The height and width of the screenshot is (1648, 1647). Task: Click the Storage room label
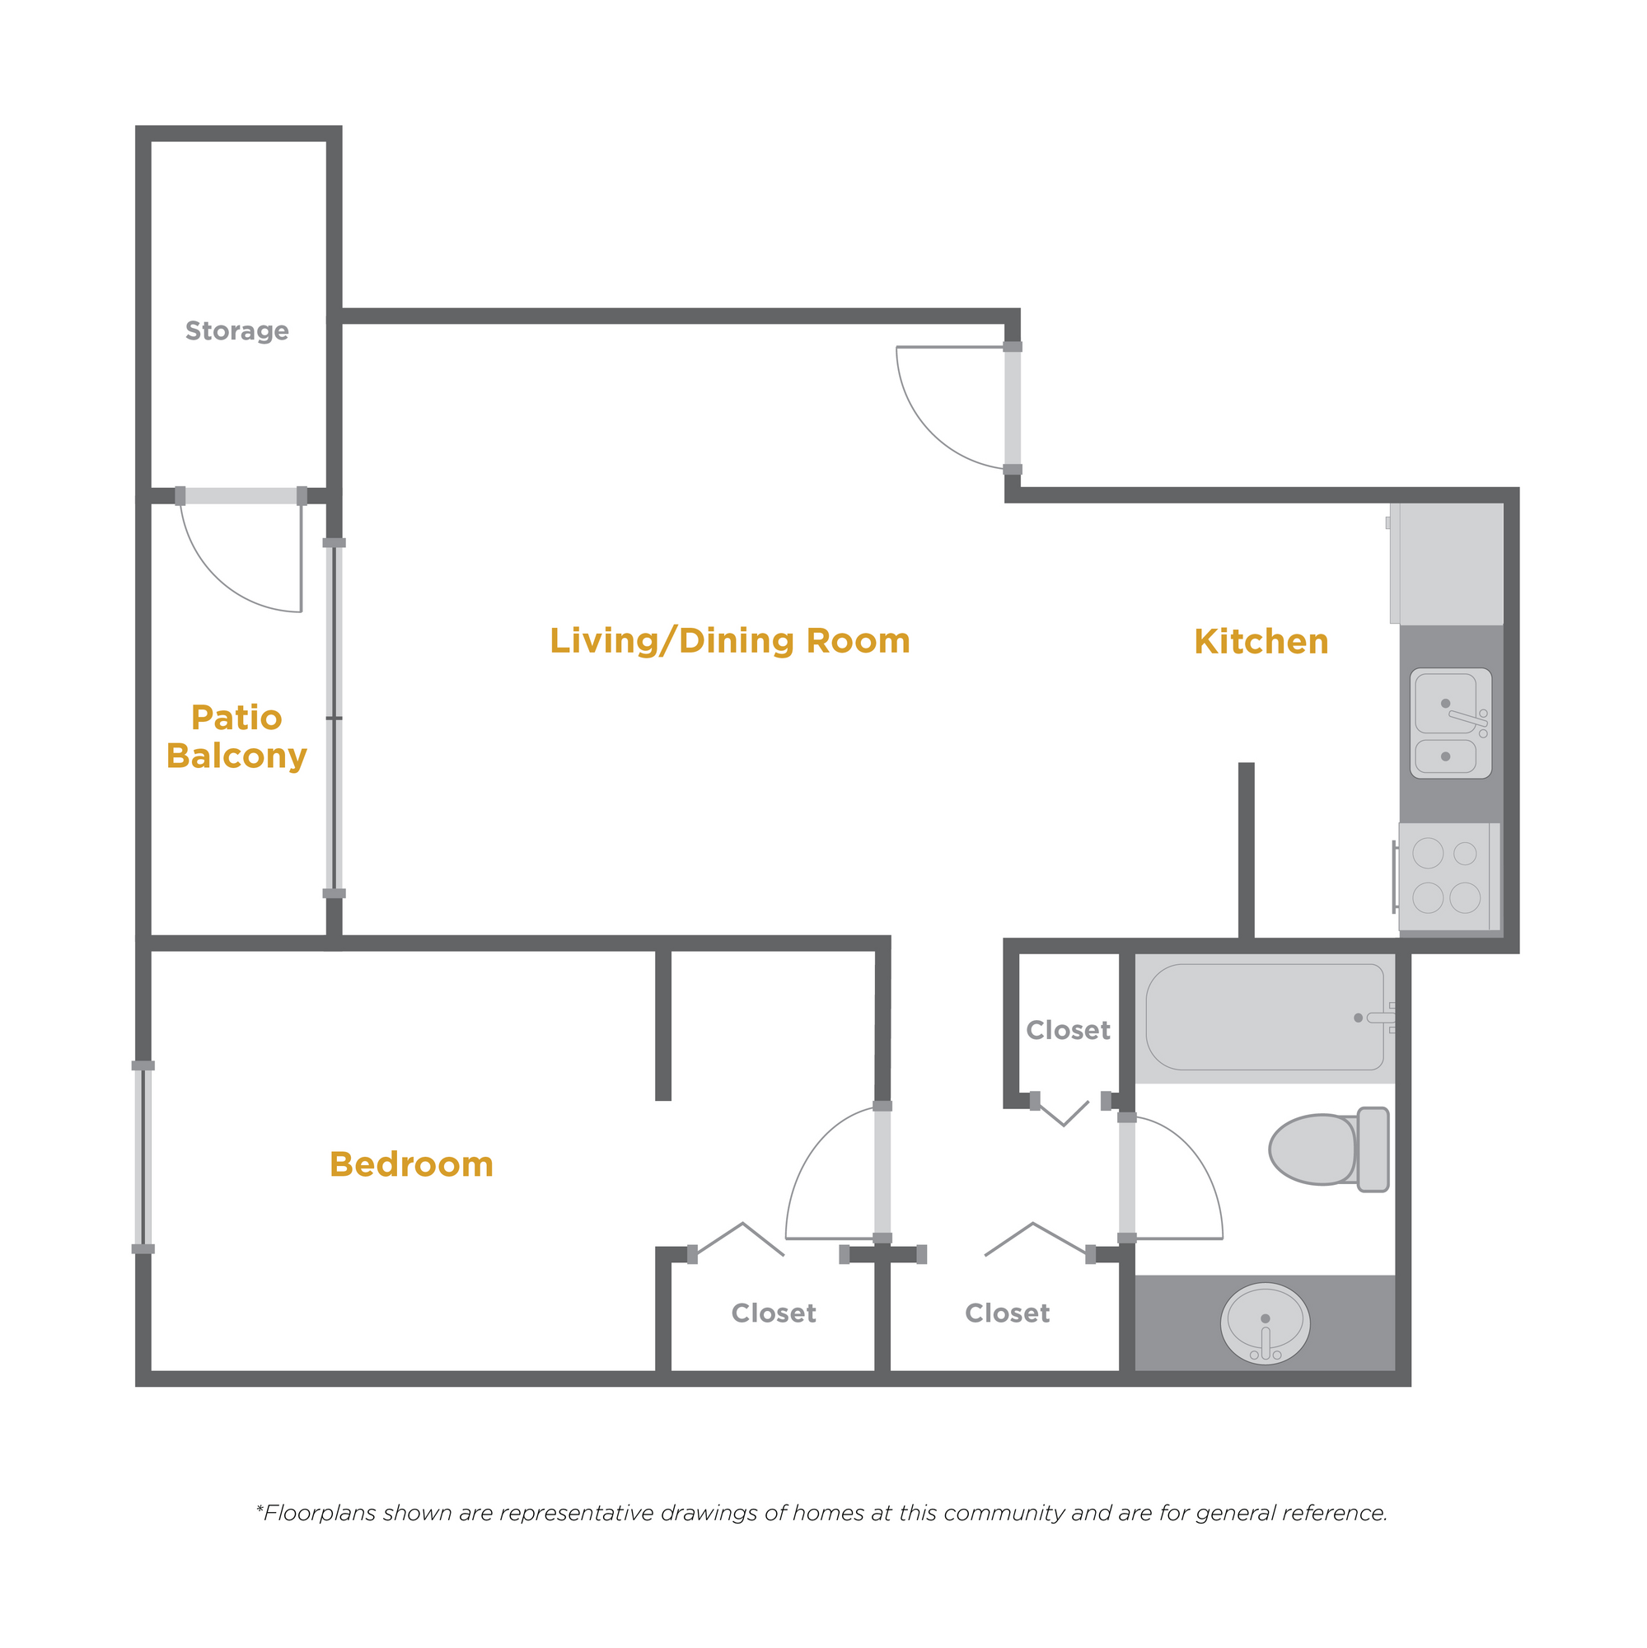pyautogui.click(x=236, y=331)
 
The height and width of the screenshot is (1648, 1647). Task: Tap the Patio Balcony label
pyautogui.click(x=236, y=737)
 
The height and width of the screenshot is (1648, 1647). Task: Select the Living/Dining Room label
pyautogui.click(x=729, y=641)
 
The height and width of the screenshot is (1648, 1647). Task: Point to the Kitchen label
pyautogui.click(x=1261, y=641)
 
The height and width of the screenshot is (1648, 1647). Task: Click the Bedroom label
pyautogui.click(x=411, y=1164)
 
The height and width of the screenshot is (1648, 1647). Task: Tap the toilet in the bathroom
pyautogui.click(x=1328, y=1149)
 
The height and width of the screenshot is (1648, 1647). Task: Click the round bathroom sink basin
pyautogui.click(x=1265, y=1324)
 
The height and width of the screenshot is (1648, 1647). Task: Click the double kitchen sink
pyautogui.click(x=1450, y=723)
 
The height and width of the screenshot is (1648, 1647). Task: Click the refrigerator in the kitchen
pyautogui.click(x=1446, y=563)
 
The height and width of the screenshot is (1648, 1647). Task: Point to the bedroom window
pyautogui.click(x=143, y=1158)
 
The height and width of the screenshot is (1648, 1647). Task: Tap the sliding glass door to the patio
pyautogui.click(x=335, y=718)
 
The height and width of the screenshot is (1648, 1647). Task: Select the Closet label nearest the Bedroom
pyautogui.click(x=774, y=1313)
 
